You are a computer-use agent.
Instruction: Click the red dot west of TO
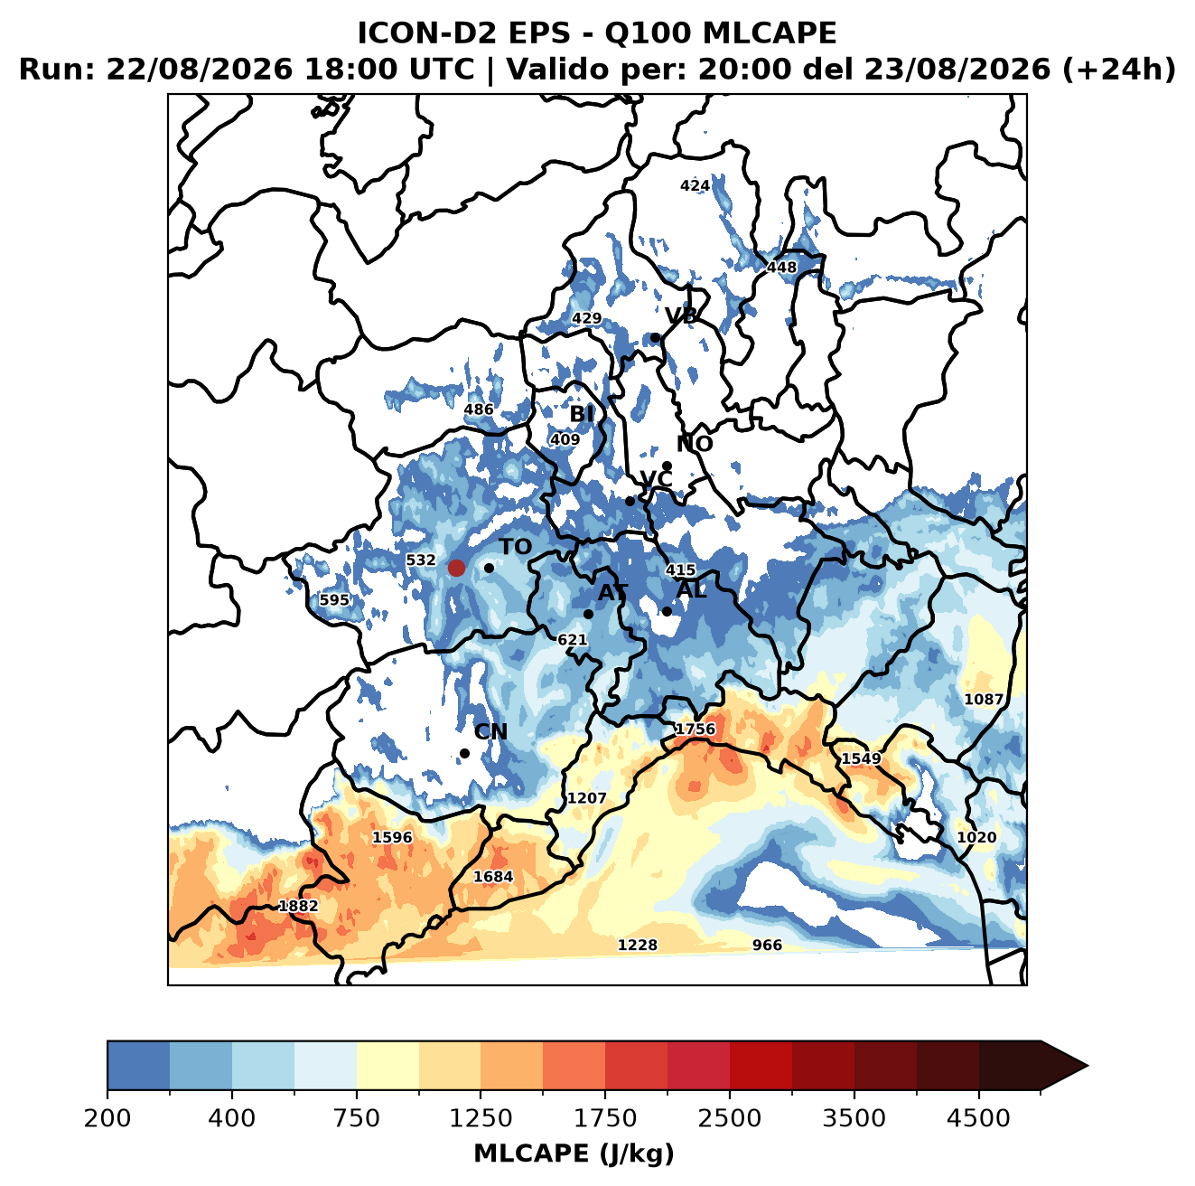click(456, 568)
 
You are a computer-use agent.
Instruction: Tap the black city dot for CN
click(464, 753)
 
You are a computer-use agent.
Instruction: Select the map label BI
click(582, 414)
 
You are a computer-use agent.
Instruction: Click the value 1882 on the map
click(298, 906)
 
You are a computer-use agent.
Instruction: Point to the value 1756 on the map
click(695, 729)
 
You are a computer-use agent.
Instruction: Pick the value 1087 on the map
click(983, 700)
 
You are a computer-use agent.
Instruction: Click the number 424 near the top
click(695, 185)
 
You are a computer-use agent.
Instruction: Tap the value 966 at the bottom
click(767, 945)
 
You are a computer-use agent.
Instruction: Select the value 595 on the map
click(334, 599)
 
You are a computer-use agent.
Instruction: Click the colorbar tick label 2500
click(729, 1117)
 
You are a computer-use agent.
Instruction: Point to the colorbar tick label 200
click(107, 1117)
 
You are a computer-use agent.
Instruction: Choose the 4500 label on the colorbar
click(978, 1117)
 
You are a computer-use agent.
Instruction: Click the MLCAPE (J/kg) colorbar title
click(574, 1153)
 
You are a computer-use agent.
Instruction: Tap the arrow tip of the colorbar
click(1088, 1066)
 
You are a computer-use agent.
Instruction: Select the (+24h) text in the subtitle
click(1119, 70)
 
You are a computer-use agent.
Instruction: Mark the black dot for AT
click(588, 614)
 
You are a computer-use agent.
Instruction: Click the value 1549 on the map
click(861, 758)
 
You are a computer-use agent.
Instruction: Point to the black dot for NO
click(667, 466)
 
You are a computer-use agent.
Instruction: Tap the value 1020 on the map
click(976, 837)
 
